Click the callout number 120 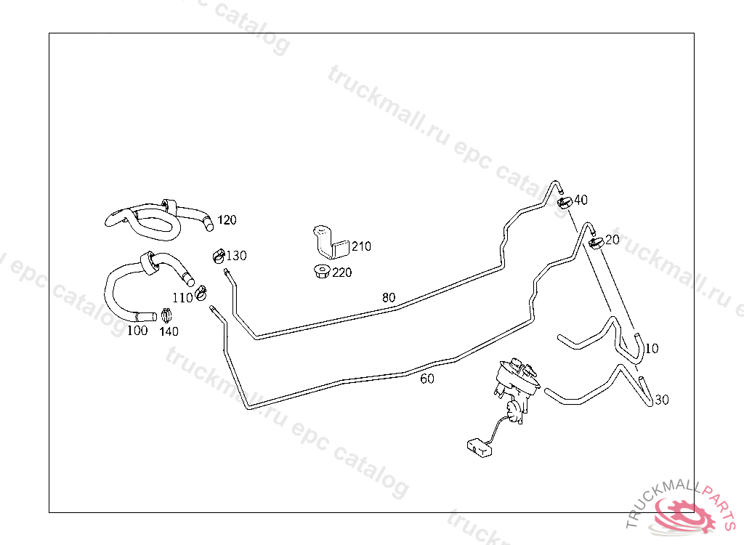[x=227, y=220]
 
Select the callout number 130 [x=236, y=256]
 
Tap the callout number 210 [x=361, y=246]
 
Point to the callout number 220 [x=342, y=273]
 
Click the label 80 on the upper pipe [x=389, y=297]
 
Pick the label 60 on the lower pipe [x=427, y=379]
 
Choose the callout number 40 [x=581, y=200]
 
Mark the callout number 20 [x=612, y=240]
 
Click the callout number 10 [x=652, y=349]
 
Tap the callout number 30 [x=661, y=400]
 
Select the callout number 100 [x=137, y=331]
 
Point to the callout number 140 [x=169, y=331]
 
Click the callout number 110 [x=182, y=297]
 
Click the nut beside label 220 [x=320, y=272]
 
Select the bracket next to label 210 [x=328, y=243]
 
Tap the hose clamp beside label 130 [x=217, y=255]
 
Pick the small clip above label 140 [x=167, y=316]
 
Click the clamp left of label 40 [x=564, y=201]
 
